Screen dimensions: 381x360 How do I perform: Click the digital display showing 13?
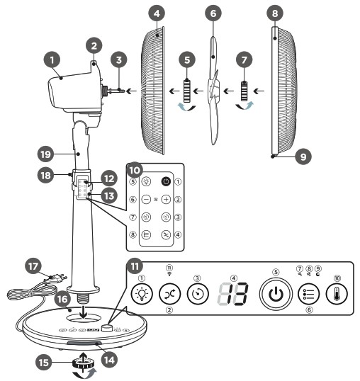point(233,295)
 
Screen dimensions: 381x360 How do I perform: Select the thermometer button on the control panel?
point(335,295)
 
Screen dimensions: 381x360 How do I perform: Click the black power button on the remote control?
point(165,181)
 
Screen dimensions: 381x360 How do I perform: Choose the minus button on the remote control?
point(145,200)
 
